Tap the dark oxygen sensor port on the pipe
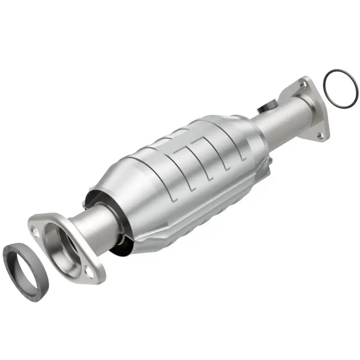(x=266, y=108)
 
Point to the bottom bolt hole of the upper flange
(x=320, y=135)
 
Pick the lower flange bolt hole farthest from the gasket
(x=90, y=271)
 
